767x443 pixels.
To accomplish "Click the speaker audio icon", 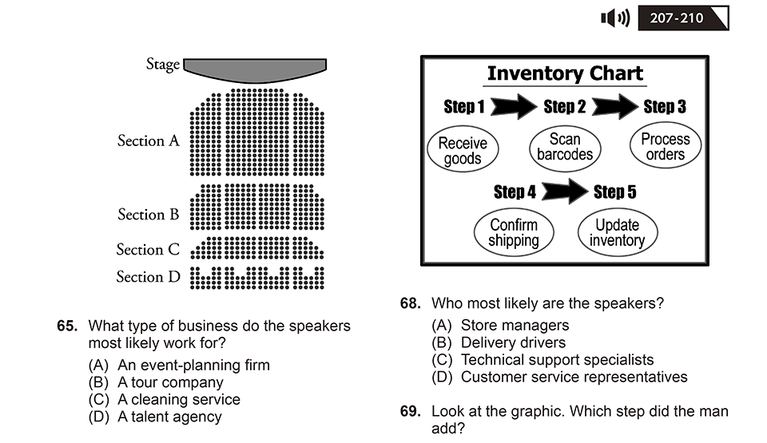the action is (615, 18).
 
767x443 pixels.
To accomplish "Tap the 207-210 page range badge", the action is (683, 18).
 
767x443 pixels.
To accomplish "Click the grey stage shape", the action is (255, 69).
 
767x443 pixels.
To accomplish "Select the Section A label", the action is (149, 140).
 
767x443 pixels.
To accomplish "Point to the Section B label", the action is (149, 214).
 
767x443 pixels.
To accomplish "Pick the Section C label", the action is (148, 249).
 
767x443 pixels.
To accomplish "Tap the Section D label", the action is (149, 277).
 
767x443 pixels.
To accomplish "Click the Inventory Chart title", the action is (565, 73).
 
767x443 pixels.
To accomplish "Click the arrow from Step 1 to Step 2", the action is (514, 106).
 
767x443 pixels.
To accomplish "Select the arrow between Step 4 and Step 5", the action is (565, 192).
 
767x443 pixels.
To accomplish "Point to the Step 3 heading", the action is (665, 107).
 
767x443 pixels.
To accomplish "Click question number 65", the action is (67, 326).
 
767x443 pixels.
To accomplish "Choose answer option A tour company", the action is (156, 382).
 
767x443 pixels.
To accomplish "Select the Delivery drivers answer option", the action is (499, 342).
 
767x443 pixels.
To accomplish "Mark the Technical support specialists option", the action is (542, 360).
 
